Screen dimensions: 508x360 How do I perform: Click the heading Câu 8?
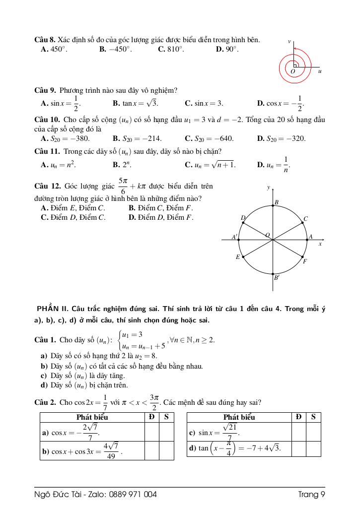pos(43,40)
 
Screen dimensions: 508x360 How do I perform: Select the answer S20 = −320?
pos(281,138)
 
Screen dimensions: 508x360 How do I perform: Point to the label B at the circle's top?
pos(277,202)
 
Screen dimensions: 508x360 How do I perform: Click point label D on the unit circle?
pos(243,218)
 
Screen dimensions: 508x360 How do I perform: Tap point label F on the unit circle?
pos(305,261)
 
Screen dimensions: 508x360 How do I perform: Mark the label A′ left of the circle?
pos(234,237)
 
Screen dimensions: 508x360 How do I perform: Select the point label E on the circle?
pos(238,257)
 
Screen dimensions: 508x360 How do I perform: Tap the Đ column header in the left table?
pos(151,417)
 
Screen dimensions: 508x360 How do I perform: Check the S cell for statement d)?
pos(313,448)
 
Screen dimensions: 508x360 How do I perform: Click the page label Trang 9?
pos(311,494)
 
